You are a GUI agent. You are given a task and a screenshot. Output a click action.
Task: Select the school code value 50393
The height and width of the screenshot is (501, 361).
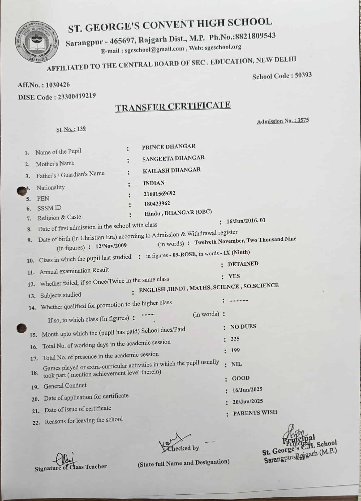[303, 75]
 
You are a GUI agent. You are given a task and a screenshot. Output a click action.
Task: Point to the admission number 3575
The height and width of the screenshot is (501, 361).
[303, 120]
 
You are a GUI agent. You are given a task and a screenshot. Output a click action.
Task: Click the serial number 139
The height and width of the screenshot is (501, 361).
[81, 129]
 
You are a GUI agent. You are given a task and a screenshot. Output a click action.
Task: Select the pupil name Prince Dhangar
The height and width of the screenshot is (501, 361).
[169, 146]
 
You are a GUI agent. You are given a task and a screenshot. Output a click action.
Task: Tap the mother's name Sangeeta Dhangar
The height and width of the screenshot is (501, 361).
[173, 158]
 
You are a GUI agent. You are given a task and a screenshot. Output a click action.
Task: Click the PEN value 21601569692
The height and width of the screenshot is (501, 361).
[160, 194]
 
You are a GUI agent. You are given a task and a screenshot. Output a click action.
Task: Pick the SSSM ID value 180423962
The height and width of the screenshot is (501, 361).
[157, 204]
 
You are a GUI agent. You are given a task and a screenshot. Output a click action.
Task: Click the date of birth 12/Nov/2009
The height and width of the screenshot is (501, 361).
[111, 246]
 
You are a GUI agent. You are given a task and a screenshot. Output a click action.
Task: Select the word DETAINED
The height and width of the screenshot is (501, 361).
[243, 264]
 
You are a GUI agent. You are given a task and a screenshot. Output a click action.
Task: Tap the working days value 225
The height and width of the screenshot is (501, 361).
[235, 339]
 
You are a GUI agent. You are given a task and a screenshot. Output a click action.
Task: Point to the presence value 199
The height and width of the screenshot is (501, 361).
[235, 351]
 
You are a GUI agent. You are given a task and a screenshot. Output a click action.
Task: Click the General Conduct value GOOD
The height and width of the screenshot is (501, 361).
[240, 378]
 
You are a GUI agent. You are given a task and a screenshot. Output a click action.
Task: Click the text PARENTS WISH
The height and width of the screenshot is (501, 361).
[255, 413]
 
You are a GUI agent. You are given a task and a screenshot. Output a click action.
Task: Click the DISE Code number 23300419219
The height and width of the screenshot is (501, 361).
[77, 96]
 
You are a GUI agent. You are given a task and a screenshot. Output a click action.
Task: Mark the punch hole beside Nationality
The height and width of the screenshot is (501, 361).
[22, 191]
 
